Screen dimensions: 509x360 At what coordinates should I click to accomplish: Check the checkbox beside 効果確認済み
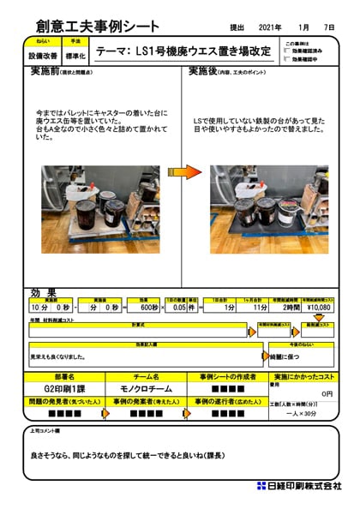point(286,52)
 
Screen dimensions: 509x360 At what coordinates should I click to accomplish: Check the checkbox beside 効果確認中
point(286,60)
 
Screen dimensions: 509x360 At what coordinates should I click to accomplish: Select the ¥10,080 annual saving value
point(316,306)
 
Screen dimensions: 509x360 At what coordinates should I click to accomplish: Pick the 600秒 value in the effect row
point(149,306)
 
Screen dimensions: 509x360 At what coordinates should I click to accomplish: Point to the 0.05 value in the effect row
point(180,306)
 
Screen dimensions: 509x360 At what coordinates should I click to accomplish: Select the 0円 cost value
point(325,393)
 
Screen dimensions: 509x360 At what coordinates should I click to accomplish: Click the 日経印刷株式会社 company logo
point(300,486)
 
